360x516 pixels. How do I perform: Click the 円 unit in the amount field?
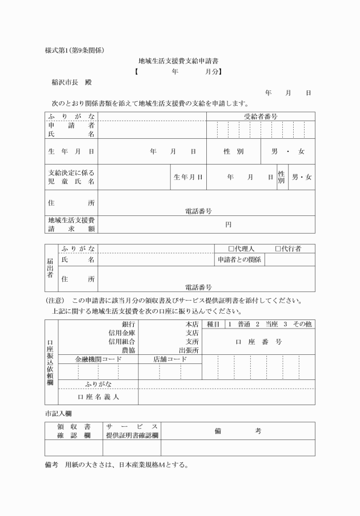[x=228, y=225]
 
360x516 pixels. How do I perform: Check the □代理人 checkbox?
[x=231, y=249]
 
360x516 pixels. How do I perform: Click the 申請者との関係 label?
[x=239, y=260]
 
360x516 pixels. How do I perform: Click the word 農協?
[x=128, y=350]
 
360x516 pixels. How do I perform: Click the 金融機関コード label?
[x=98, y=359]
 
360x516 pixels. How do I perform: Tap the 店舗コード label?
[x=170, y=359]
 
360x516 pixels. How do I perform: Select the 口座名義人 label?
[x=98, y=397]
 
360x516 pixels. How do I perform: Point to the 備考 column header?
[x=238, y=431]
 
